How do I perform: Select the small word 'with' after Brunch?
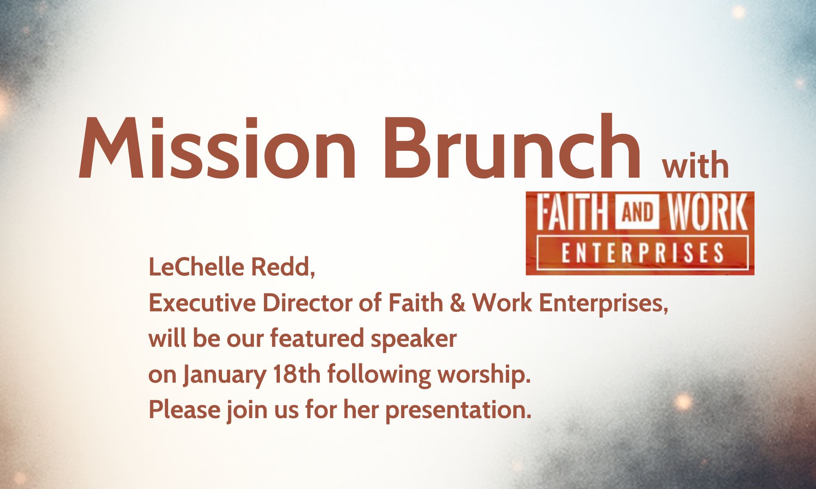coord(696,165)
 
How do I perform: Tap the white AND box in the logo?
coord(637,212)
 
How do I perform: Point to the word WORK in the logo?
coord(706,212)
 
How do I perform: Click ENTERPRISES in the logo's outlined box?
coord(642,253)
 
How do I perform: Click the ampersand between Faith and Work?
coord(458,303)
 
